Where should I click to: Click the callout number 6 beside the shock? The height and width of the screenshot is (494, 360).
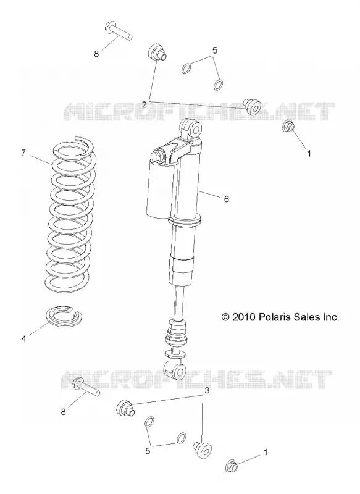pyautogui.click(x=227, y=199)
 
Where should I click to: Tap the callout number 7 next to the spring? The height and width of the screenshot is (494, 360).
pyautogui.click(x=23, y=153)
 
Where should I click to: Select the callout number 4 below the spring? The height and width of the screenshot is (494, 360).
pyautogui.click(x=23, y=339)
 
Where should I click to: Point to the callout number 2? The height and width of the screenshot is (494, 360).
pyautogui.click(x=144, y=104)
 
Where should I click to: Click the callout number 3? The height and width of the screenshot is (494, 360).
pyautogui.click(x=207, y=391)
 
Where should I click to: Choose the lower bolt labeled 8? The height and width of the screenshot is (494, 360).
pyautogui.click(x=86, y=387)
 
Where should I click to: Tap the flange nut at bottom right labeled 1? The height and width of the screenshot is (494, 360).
pyautogui.click(x=232, y=466)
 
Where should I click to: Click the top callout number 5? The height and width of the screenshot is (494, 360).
pyautogui.click(x=215, y=51)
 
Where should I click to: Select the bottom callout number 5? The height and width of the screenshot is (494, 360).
pyautogui.click(x=148, y=451)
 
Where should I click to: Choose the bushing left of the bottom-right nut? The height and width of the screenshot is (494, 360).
pyautogui.click(x=201, y=449)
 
